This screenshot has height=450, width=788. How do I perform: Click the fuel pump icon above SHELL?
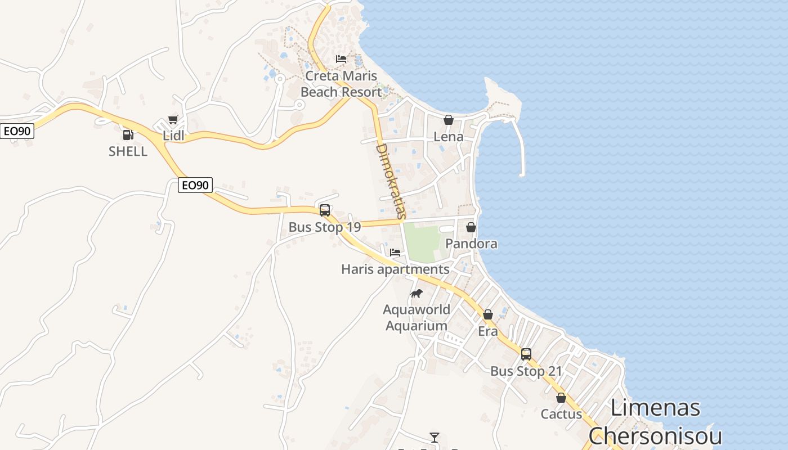[128, 135]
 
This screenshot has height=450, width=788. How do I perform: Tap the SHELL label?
[128, 151]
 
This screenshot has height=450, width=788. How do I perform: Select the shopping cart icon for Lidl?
[173, 119]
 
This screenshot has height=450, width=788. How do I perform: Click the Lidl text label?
[173, 136]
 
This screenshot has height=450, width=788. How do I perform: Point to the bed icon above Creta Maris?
[341, 59]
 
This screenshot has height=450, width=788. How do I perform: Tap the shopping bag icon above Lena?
[449, 120]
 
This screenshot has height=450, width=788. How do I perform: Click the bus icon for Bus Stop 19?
[325, 210]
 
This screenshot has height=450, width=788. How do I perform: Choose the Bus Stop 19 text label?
[324, 227]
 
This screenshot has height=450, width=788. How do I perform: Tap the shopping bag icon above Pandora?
[471, 227]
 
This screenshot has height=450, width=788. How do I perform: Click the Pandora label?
[471, 244]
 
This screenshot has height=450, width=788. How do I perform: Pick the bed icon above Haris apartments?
[395, 253]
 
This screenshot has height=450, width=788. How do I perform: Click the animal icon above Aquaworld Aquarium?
[417, 293]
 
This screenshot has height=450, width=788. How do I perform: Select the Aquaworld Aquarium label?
[417, 317]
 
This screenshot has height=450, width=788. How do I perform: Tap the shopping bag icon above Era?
[488, 314]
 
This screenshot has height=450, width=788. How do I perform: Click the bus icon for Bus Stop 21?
[526, 354]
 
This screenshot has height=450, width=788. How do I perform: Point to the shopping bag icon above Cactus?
[561, 398]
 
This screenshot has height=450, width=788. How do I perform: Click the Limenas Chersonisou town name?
[655, 422]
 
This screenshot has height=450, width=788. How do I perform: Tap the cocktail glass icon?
[435, 437]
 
